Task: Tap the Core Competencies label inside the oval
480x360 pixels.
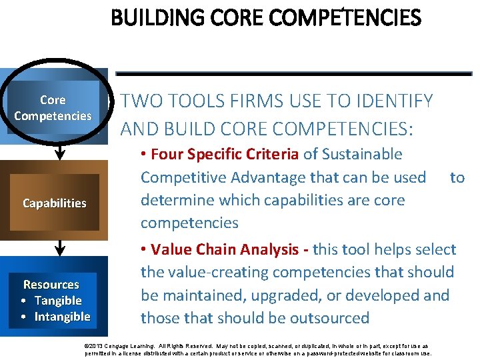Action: [x=53, y=108]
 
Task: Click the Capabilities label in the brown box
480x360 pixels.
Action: [x=54, y=203]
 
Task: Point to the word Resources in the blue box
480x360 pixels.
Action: [x=51, y=285]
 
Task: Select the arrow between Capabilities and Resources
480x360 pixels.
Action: [x=59, y=247]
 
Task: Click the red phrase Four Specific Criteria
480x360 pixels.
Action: [x=225, y=154]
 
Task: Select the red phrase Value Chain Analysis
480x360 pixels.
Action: [x=225, y=249]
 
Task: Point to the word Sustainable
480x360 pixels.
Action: [x=362, y=154]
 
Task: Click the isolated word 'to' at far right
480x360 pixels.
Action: [x=457, y=177]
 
